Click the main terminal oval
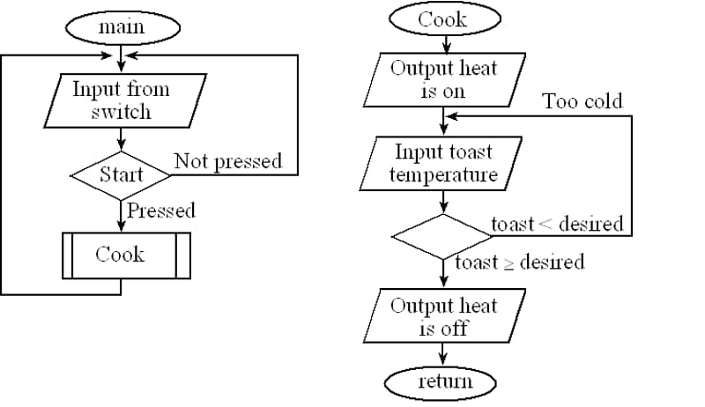point(122,27)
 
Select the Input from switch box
point(122,100)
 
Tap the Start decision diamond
point(121,174)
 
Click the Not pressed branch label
point(227,161)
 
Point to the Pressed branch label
point(160,211)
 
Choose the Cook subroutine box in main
point(121,255)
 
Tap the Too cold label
point(582,101)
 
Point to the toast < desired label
point(556,224)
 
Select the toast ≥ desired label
point(519,263)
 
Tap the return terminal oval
point(442,381)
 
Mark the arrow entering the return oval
point(442,357)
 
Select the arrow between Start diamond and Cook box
point(121,217)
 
